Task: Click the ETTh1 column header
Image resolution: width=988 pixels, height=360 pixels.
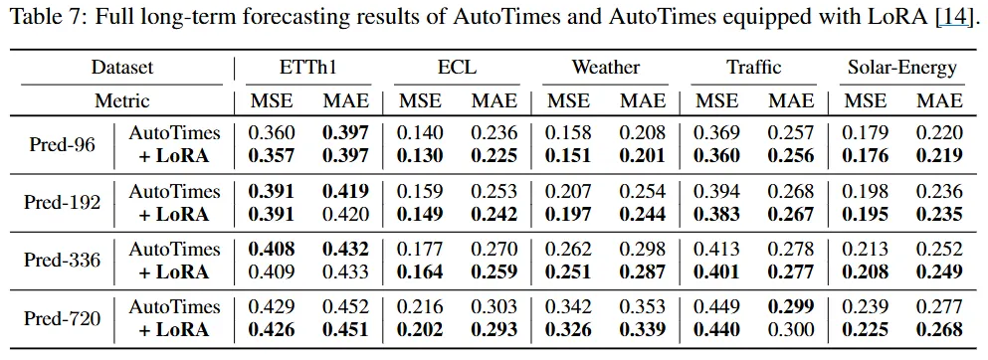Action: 307,68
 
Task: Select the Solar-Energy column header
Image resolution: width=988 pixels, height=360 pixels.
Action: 902,68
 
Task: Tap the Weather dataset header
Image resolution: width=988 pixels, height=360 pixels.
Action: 606,68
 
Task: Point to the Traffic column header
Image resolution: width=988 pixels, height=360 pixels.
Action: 753,68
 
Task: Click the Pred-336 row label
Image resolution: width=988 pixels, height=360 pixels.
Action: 63,260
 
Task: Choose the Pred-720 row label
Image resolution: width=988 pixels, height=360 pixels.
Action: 63,318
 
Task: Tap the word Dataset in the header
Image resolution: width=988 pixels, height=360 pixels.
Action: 122,68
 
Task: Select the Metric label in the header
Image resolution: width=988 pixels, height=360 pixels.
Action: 122,100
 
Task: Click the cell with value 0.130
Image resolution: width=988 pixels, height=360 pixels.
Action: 419,156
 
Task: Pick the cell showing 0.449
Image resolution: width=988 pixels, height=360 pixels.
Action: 715,307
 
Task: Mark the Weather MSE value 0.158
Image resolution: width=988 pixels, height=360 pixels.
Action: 568,133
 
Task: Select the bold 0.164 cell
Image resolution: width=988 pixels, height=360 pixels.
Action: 419,272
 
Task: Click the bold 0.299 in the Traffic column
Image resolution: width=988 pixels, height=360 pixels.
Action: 790,307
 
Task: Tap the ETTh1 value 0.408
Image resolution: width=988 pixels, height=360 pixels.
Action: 271,250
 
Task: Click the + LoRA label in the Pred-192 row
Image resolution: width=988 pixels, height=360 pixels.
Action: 174,215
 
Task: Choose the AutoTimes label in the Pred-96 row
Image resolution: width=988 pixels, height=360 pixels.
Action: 174,133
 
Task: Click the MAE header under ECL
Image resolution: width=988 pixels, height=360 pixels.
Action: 494,100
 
